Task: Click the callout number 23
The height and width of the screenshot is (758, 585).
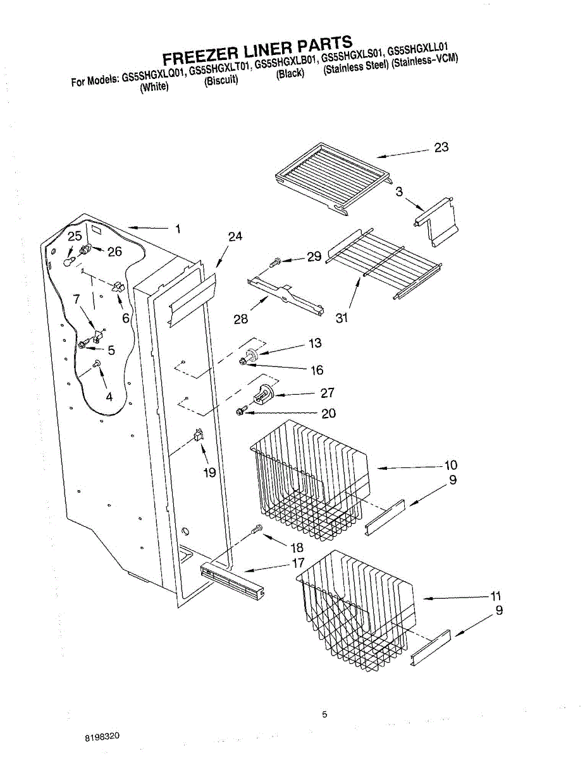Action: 441,147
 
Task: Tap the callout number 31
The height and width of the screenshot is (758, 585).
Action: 342,318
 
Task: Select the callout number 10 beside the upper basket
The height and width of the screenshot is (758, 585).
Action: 450,466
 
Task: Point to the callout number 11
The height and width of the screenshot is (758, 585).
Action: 495,596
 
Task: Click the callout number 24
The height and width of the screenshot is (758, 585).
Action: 235,237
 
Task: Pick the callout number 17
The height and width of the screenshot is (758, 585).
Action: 298,563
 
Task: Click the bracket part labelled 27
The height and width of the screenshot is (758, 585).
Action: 262,395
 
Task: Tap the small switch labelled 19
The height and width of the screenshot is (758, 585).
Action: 199,434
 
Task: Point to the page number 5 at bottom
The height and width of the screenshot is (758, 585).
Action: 324,714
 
